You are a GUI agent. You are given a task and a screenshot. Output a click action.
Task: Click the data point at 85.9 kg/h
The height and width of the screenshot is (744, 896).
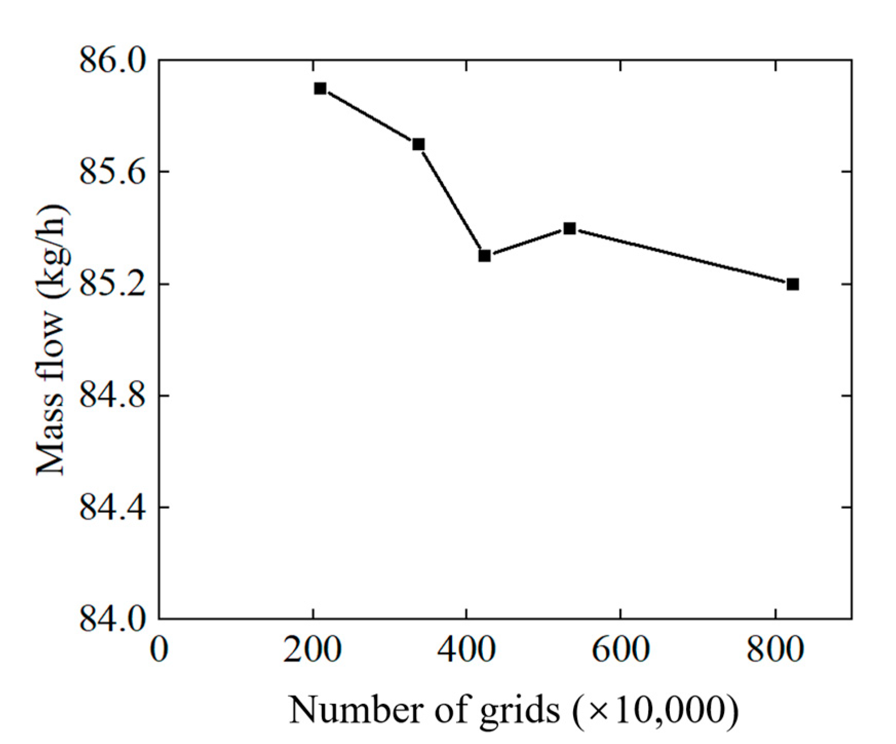320,88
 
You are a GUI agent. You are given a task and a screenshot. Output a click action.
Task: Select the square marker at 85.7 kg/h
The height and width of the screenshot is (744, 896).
418,144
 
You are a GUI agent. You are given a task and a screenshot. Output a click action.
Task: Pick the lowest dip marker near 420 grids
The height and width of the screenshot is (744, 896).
484,255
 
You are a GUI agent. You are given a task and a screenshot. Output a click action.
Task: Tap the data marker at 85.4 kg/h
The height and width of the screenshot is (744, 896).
569,228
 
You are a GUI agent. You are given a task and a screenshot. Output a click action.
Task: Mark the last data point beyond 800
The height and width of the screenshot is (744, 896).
792,284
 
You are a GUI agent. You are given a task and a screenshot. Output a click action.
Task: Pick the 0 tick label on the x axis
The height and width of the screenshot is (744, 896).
159,649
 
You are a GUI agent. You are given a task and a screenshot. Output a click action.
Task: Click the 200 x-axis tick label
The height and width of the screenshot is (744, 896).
313,649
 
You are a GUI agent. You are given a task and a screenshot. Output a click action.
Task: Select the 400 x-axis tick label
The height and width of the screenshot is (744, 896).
466,649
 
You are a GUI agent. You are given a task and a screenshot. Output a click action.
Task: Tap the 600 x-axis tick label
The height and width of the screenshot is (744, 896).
620,649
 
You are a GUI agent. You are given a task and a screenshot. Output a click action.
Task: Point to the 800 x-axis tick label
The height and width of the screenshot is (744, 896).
774,649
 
